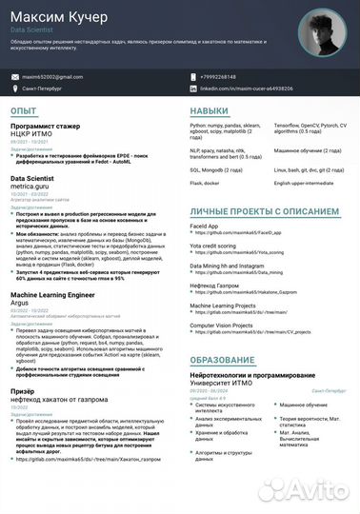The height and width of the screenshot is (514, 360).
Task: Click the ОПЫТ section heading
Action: click(24, 111)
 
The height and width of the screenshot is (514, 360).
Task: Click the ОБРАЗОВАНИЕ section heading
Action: click(223, 360)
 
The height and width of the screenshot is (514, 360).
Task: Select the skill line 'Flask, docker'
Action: click(205, 181)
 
